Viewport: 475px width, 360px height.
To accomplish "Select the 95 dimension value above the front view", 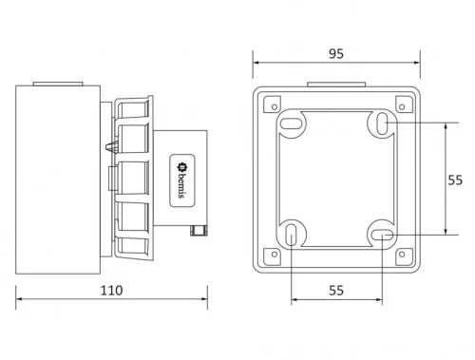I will pos(336,54).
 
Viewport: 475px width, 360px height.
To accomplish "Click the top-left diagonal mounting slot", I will pos(292,123).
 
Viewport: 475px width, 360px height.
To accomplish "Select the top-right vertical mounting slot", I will pos(381,123).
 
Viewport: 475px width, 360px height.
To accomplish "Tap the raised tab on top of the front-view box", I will pos(336,84).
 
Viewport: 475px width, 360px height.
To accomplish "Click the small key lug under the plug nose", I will pos(199,229).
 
